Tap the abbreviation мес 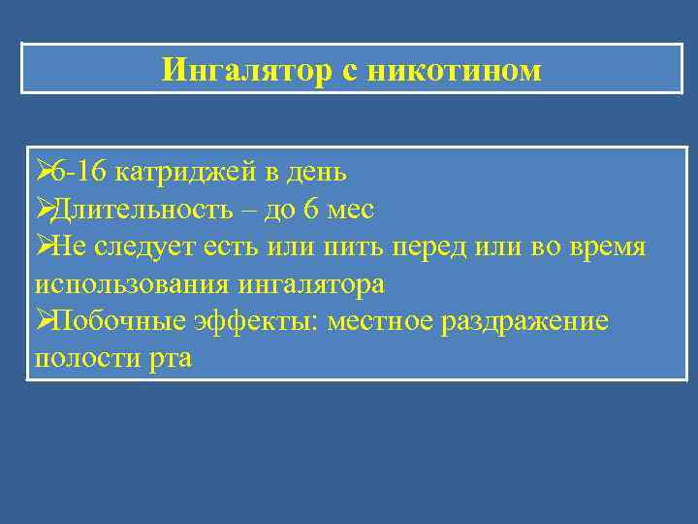pyautogui.click(x=347, y=211)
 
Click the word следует pyautogui.click(x=152, y=247)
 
